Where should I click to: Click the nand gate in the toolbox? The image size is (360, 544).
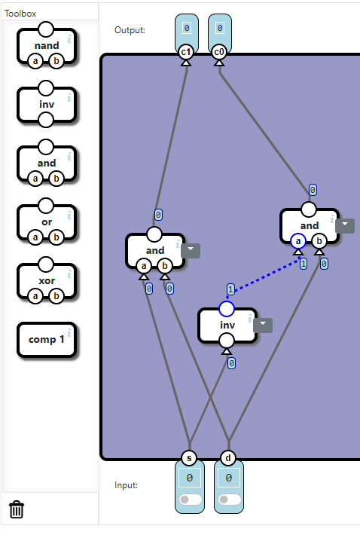point(47,47)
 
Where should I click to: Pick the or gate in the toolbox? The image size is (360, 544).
point(47,222)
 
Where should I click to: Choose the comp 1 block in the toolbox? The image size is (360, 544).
point(47,339)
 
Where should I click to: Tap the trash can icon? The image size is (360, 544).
point(17,509)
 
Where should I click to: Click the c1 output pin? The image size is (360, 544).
point(185,52)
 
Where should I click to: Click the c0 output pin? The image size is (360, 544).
point(218,52)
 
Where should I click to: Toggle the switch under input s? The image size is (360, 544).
point(189,500)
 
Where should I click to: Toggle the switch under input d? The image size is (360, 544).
point(228,500)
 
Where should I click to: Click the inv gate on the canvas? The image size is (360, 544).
point(227,325)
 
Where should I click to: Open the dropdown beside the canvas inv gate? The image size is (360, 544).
point(264,325)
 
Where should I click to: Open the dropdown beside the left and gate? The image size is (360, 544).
point(191,251)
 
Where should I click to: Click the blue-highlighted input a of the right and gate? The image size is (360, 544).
point(298,240)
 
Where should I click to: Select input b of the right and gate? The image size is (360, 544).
point(319,240)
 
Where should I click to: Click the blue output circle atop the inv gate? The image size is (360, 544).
point(227,308)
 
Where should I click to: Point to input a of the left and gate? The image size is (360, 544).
point(144,265)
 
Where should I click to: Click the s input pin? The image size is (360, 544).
point(189,458)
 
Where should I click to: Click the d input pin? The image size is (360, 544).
point(228,458)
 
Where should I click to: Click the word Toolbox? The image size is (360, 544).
point(20,13)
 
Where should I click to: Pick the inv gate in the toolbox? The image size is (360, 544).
point(47,105)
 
